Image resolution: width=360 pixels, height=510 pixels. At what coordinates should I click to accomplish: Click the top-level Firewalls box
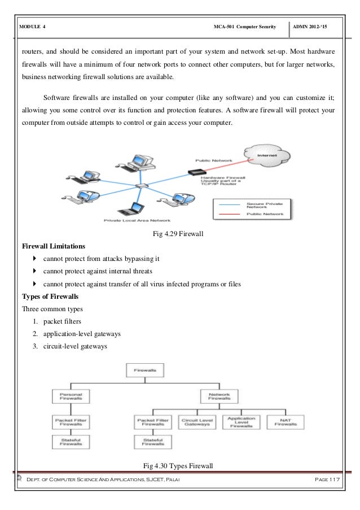coord(145,370)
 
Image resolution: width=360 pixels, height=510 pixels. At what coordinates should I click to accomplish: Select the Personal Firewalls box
coord(68,395)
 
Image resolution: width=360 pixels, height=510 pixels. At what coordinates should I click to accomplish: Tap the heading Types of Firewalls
coord(49,297)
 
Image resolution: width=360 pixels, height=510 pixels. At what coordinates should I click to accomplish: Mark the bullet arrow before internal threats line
coord(36,272)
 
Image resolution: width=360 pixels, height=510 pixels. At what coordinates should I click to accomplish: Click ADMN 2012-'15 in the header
coord(319,27)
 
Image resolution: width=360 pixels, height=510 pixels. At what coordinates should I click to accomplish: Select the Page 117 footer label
coord(331,479)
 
